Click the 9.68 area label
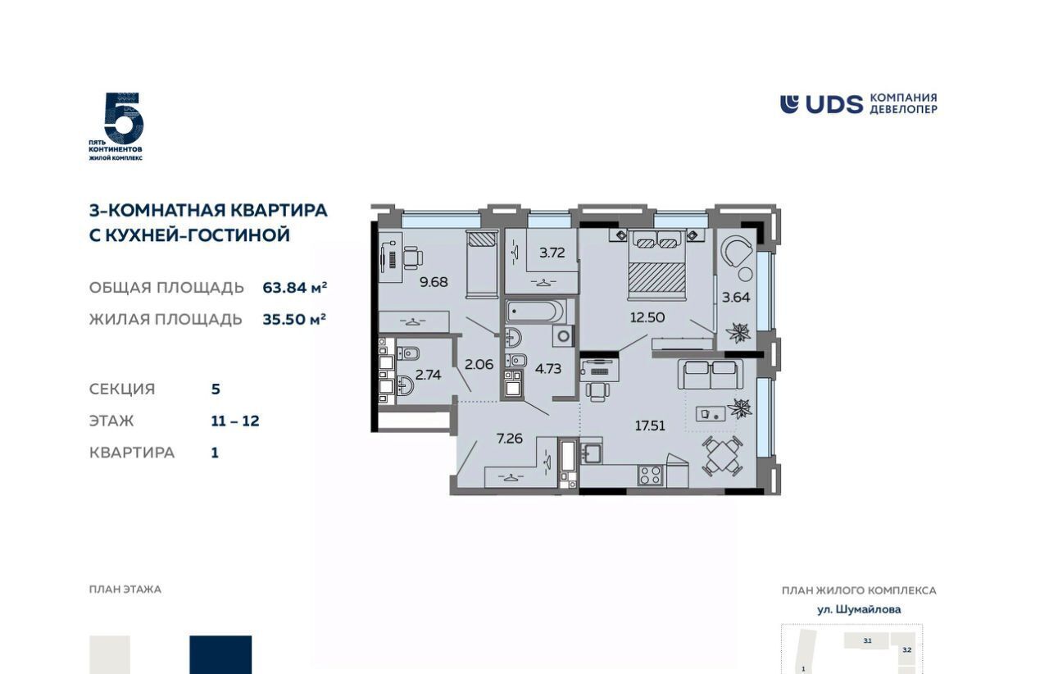[x=434, y=282]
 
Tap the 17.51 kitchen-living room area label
[x=650, y=426]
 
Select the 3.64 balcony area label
[x=736, y=297]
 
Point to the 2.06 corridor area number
[x=479, y=364]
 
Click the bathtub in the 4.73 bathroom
[x=536, y=312]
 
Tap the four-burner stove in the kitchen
[x=650, y=475]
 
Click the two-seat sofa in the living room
[x=710, y=374]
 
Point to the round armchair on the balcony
[x=736, y=250]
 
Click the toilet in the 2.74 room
[x=408, y=353]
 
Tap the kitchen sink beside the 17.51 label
[x=591, y=453]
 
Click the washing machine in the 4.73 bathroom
[x=563, y=335]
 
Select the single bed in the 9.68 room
[x=482, y=264]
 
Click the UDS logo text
[x=833, y=104]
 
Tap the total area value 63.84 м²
[x=294, y=287]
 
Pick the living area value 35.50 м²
[x=294, y=319]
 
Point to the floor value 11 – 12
[x=235, y=421]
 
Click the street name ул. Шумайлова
[x=859, y=609]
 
